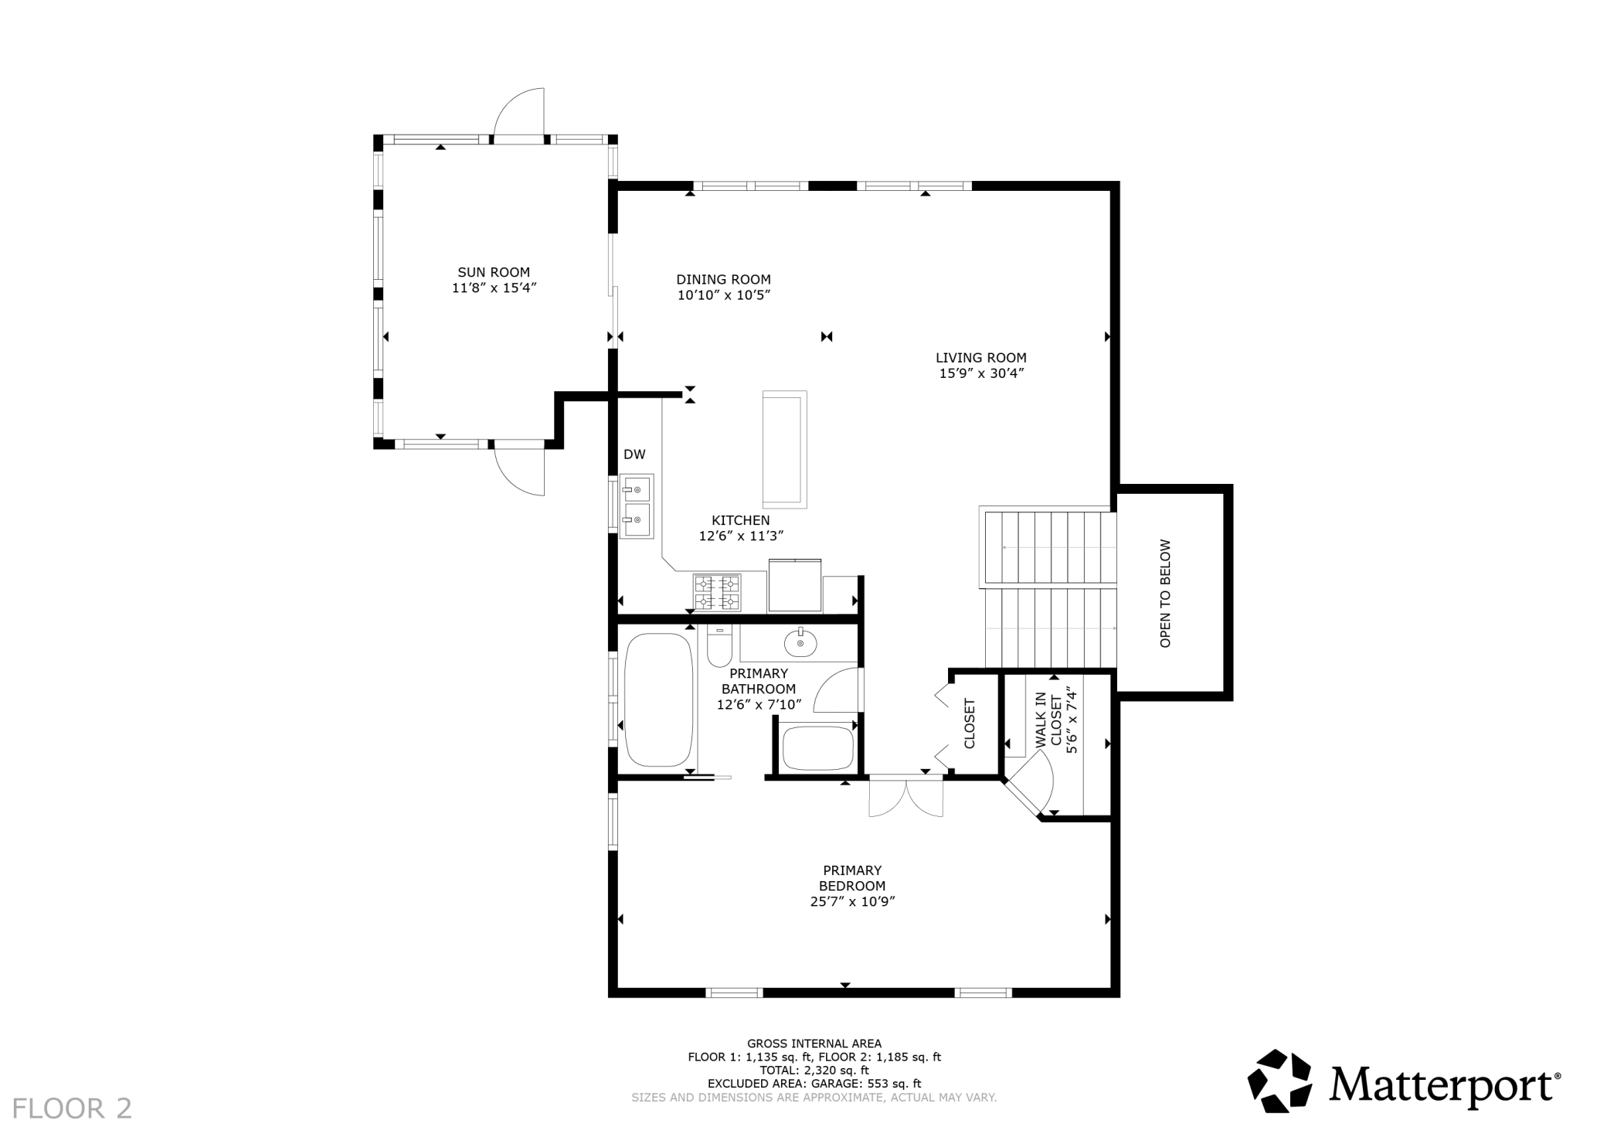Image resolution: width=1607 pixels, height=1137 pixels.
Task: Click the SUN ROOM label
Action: pyautogui.click(x=494, y=272)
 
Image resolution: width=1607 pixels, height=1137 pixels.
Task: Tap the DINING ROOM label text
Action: pyautogui.click(x=723, y=280)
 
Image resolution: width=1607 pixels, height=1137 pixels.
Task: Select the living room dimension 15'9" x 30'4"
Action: pyautogui.click(x=981, y=373)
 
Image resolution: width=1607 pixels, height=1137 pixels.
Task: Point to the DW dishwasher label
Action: pyautogui.click(x=634, y=454)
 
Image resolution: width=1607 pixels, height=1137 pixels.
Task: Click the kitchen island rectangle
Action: pyautogui.click(x=785, y=449)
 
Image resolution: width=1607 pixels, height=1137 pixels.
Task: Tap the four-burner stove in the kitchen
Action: pyautogui.click(x=717, y=593)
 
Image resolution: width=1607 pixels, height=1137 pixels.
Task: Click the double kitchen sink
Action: pyautogui.click(x=637, y=506)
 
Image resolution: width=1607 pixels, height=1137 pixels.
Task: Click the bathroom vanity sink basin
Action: pyautogui.click(x=800, y=642)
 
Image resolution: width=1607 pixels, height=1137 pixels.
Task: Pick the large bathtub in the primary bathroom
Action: pyautogui.click(x=659, y=700)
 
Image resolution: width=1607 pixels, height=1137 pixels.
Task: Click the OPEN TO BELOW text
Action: pyautogui.click(x=1166, y=593)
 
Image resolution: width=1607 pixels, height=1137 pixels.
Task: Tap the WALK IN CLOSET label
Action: pyautogui.click(x=1048, y=722)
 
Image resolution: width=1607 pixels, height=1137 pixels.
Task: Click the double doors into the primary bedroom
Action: pyautogui.click(x=906, y=795)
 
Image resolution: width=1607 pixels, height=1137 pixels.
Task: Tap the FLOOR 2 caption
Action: pyautogui.click(x=72, y=1108)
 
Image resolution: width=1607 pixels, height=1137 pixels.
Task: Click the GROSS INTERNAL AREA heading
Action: pyautogui.click(x=814, y=1043)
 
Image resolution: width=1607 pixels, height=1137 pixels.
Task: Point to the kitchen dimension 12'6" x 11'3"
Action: pyautogui.click(x=742, y=536)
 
